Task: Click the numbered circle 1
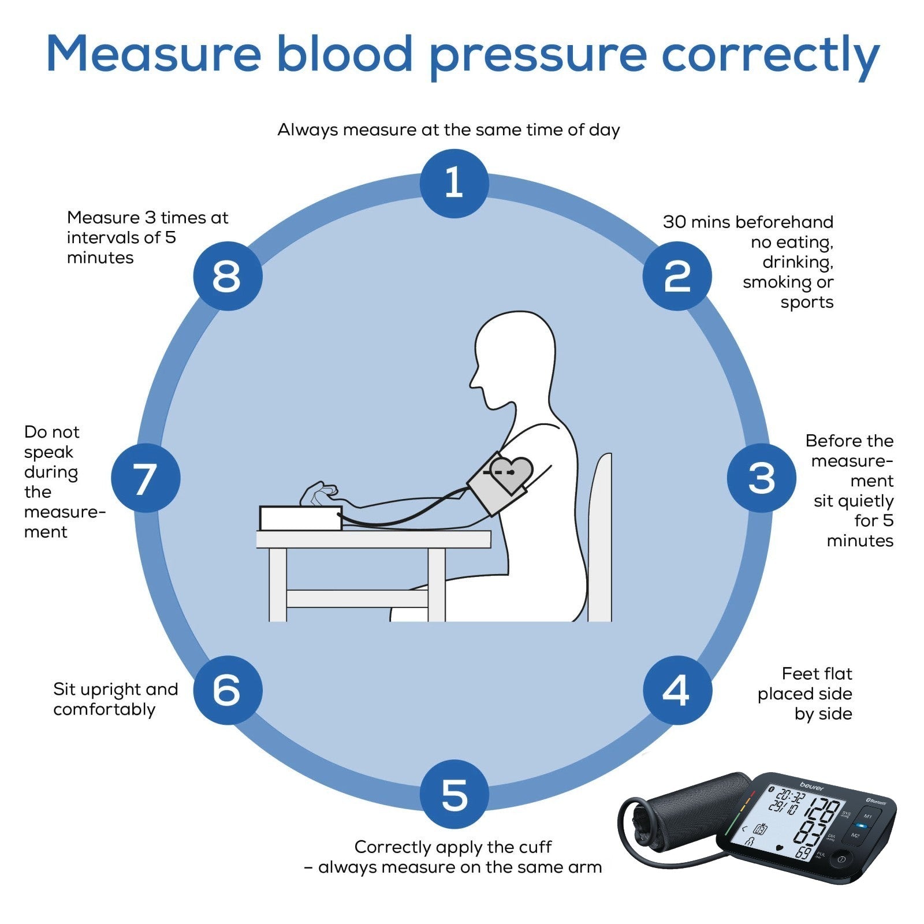click(454, 183)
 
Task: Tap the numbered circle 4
click(677, 690)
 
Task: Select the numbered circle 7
click(146, 478)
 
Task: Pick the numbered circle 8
click(227, 276)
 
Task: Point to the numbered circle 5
click(454, 794)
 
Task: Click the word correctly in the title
click(770, 55)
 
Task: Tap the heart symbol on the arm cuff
click(511, 472)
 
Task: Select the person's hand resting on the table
click(318, 494)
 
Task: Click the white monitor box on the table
click(300, 518)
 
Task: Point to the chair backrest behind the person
click(601, 537)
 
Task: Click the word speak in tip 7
click(49, 452)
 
